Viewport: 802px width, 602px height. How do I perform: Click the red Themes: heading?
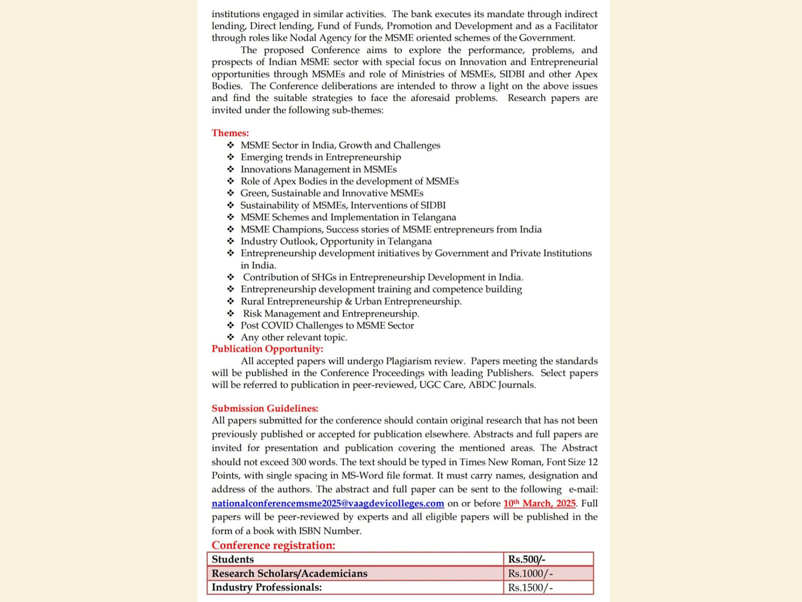tap(230, 133)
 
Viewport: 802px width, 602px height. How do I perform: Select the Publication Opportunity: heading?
tap(267, 349)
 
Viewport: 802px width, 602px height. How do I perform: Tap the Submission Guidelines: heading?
tap(265, 408)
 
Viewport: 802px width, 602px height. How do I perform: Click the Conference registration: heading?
tap(273, 545)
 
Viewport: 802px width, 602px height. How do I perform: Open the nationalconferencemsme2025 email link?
tap(327, 503)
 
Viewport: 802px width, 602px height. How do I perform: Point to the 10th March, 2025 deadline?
tap(539, 503)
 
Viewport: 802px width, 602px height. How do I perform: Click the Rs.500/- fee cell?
tap(526, 559)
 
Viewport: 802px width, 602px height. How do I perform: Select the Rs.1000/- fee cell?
tap(530, 573)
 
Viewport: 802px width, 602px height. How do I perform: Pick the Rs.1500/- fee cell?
tap(530, 587)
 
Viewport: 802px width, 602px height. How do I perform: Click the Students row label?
tap(233, 559)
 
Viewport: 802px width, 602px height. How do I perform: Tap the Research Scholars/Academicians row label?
tap(289, 573)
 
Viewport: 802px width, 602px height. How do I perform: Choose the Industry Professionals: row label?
tap(267, 587)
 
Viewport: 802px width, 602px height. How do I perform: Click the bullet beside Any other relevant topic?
tap(231, 338)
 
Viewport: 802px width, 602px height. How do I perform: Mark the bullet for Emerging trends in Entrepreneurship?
tap(231, 157)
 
